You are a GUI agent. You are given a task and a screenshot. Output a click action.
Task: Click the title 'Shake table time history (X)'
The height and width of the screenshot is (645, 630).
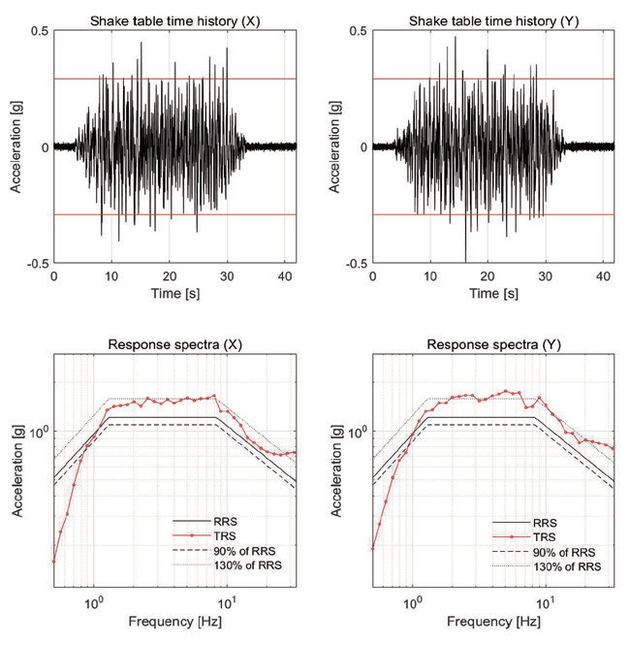174,20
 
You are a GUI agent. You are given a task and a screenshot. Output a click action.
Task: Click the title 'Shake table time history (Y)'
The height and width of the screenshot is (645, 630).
493,20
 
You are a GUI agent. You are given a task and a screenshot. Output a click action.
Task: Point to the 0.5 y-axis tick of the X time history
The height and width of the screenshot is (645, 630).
40,32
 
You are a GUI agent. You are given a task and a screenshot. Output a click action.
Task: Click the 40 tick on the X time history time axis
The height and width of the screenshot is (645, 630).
284,275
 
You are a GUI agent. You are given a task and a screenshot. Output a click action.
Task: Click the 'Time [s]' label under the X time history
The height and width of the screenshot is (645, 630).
174,291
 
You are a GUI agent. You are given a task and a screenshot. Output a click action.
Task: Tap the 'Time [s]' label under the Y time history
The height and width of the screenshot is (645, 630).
493,291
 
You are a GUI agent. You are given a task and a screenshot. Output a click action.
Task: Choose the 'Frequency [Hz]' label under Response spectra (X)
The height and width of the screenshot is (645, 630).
174,619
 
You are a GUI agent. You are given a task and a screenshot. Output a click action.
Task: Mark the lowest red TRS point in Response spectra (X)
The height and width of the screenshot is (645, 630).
54,561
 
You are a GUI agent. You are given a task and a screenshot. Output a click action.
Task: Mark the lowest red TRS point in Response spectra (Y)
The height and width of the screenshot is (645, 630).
373,548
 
